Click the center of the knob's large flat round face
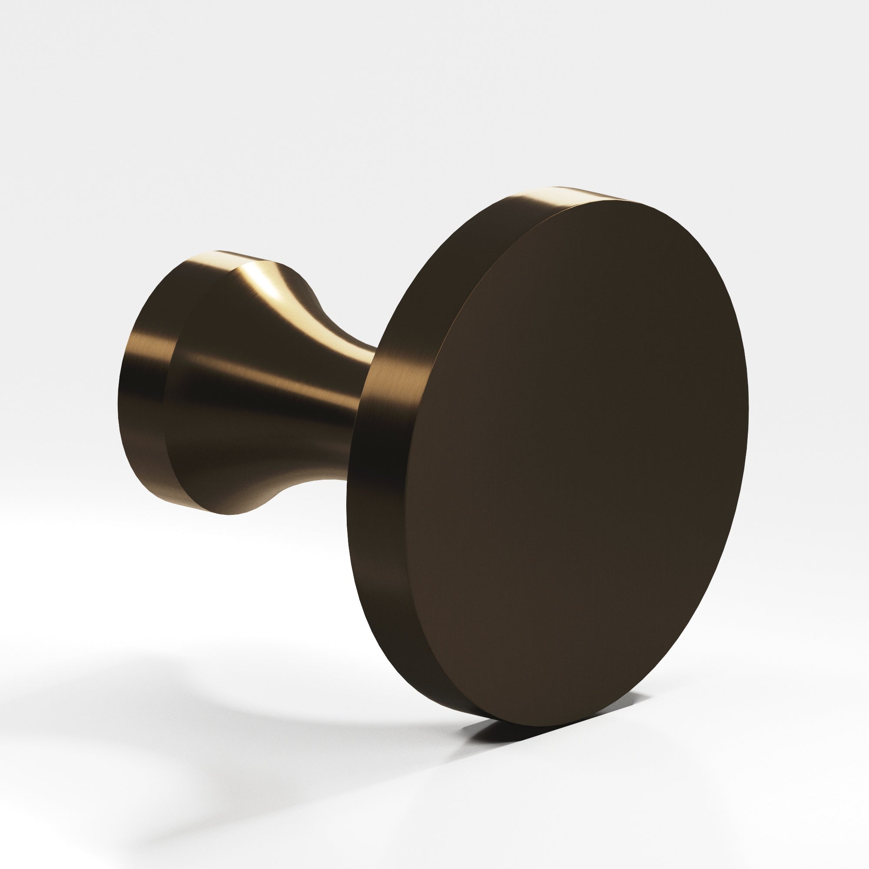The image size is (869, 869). click(x=580, y=463)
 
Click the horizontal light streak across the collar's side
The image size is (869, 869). click(x=144, y=355)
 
